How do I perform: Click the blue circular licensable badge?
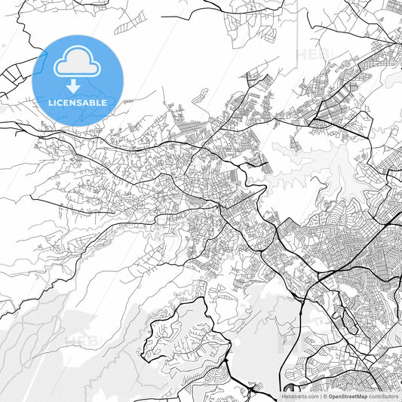pos(78,80)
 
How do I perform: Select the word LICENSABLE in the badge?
pos(78,102)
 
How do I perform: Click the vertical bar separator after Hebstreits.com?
pos(321,396)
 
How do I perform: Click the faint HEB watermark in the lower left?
pos(81,341)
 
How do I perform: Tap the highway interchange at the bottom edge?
pos(256,389)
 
